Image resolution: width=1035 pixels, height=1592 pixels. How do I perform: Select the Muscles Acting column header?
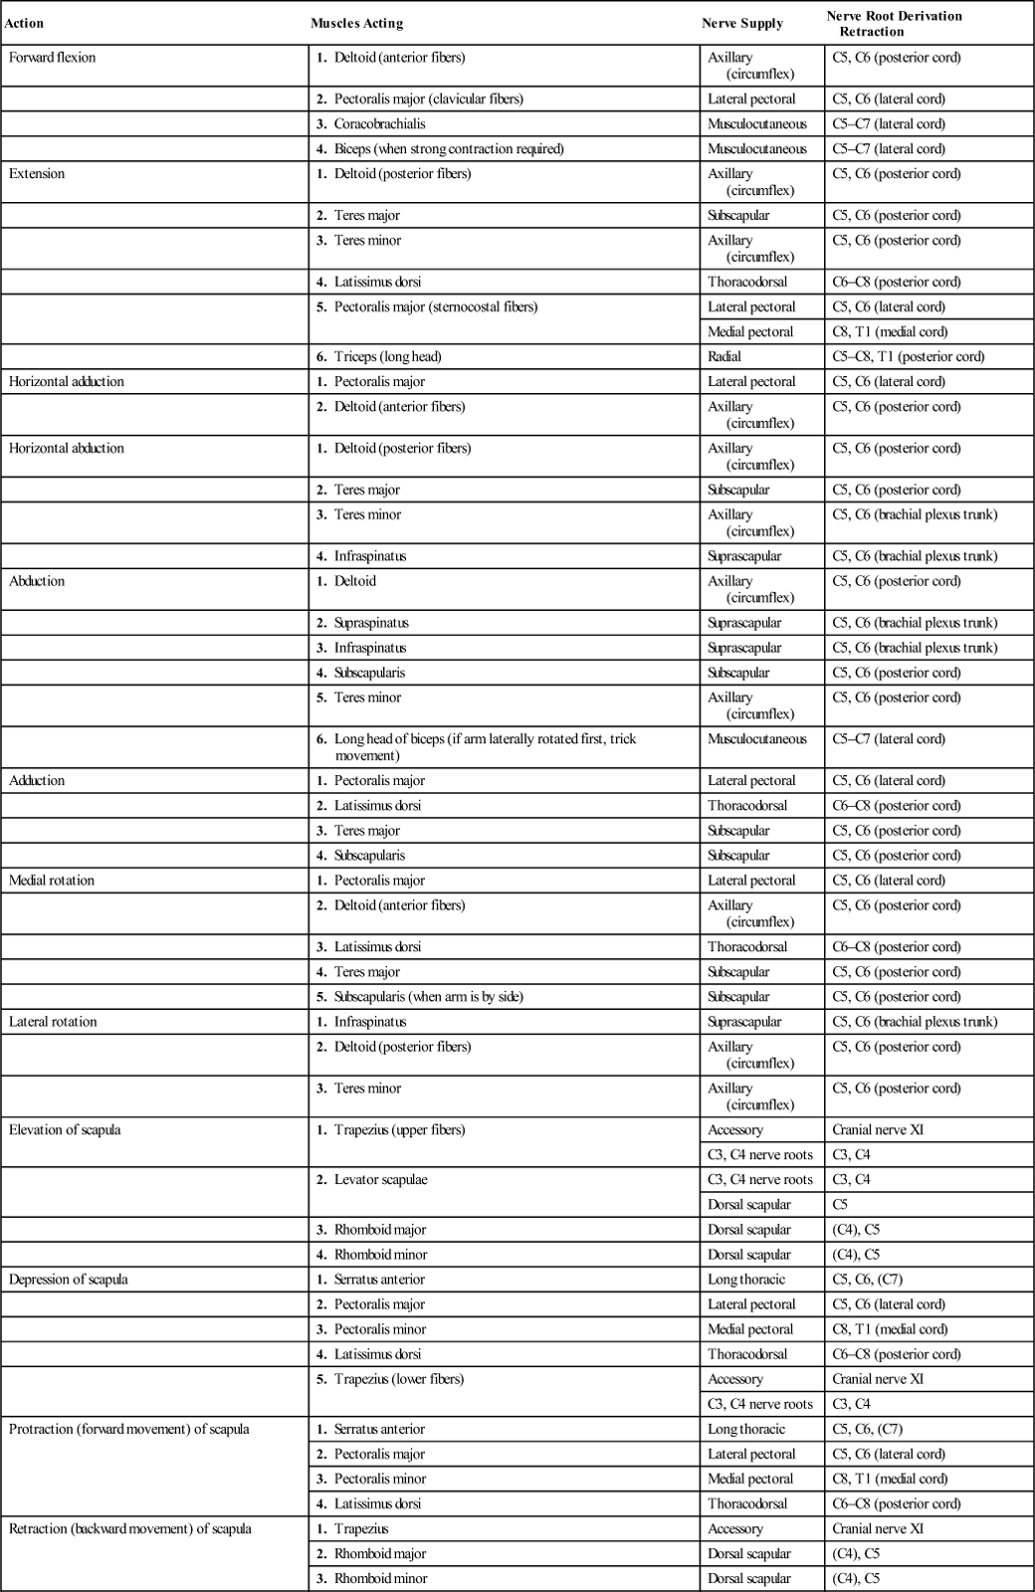(x=356, y=23)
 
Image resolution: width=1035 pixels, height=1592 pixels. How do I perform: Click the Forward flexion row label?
(x=53, y=58)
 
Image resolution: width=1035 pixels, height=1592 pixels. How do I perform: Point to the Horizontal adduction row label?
(x=67, y=382)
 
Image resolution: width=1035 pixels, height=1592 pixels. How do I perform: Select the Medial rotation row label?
(x=52, y=881)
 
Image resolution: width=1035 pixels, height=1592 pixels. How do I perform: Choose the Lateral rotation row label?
(x=53, y=1022)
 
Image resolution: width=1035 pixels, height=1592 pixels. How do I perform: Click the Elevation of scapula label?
(x=65, y=1130)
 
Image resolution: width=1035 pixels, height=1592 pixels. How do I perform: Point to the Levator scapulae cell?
(x=380, y=1180)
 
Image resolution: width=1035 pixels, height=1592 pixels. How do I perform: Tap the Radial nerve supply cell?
(x=724, y=357)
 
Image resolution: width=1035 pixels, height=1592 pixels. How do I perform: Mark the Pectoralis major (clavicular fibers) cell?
(x=428, y=99)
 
